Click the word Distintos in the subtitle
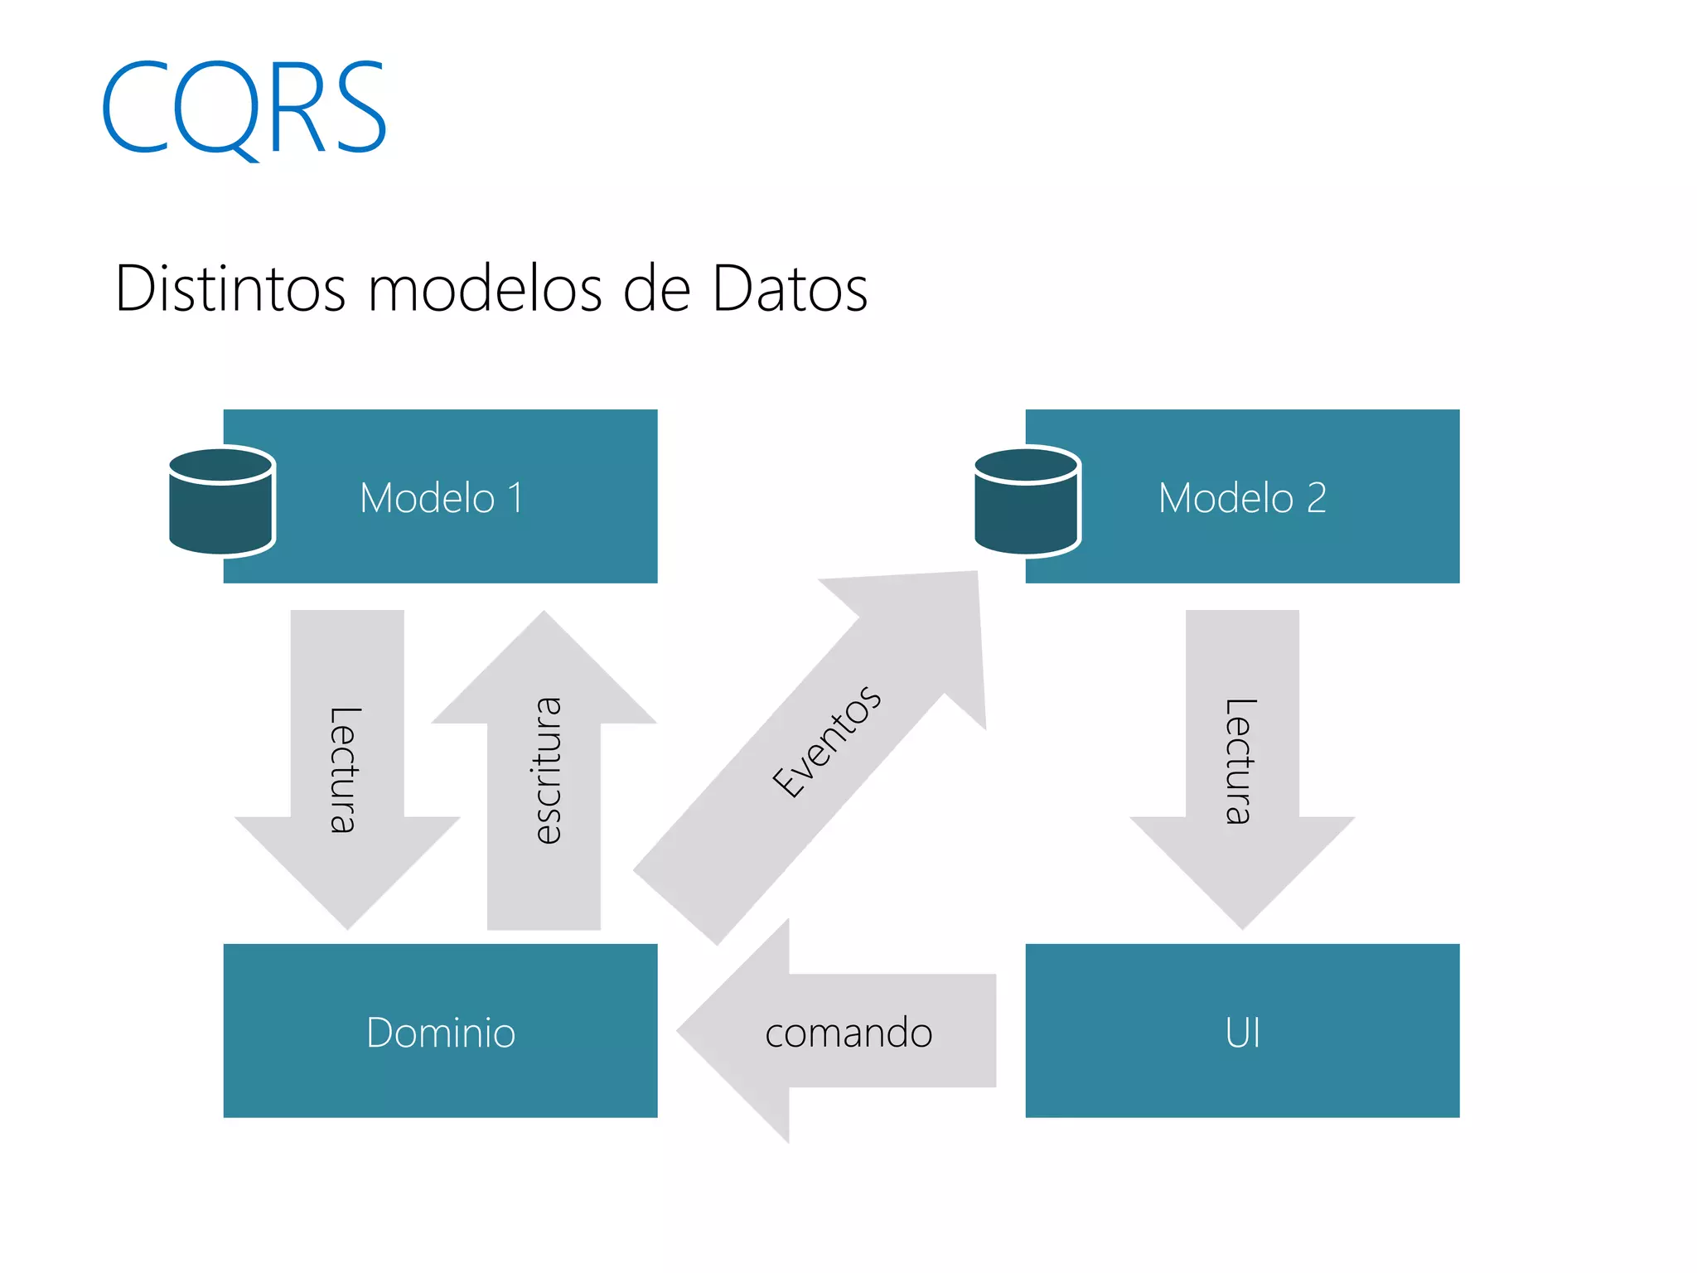point(230,289)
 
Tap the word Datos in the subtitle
point(790,289)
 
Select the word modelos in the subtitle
point(484,289)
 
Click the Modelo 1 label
point(441,498)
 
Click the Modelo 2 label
point(1242,498)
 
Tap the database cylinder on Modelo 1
point(221,501)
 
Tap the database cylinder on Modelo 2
point(1027,501)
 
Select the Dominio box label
point(441,1033)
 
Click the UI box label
point(1242,1033)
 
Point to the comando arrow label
point(848,1033)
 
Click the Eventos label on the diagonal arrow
point(826,742)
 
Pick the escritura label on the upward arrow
point(546,771)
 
